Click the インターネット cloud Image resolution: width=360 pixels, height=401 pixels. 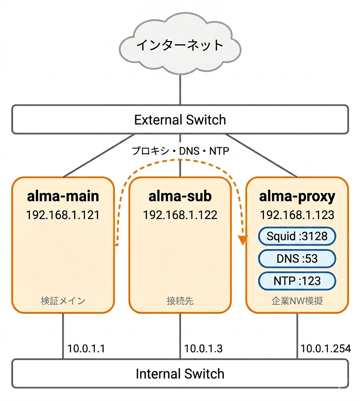tap(180, 45)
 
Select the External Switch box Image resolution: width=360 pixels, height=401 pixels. tap(180, 119)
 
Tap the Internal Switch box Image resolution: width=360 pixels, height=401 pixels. tap(180, 373)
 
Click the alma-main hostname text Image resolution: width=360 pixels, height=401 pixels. tap(63, 196)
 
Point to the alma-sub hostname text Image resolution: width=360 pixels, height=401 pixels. tap(180, 196)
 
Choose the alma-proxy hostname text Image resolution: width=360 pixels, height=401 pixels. tap(297, 196)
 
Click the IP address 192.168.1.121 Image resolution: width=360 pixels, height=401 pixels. tap(63, 215)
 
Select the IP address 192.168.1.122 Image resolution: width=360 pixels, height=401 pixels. tap(180, 215)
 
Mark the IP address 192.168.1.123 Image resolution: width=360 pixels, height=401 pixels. tap(297, 215)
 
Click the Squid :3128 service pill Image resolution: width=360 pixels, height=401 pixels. tap(297, 236)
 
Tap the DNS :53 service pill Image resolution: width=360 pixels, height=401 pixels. tap(297, 258)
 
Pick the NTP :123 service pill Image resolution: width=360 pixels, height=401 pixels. tap(297, 281)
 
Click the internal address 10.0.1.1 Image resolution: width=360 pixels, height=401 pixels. tap(86, 348)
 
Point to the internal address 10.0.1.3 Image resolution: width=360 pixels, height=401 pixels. tap(203, 348)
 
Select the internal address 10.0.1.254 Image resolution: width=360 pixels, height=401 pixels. tap(325, 348)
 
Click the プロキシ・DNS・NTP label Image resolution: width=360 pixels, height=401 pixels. tap(180, 151)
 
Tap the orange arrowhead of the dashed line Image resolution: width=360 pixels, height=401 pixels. tap(243, 241)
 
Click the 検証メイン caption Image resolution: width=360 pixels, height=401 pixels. tap(63, 301)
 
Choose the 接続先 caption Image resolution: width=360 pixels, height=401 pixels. tap(180, 301)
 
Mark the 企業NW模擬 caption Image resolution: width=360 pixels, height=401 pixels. tap(297, 301)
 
